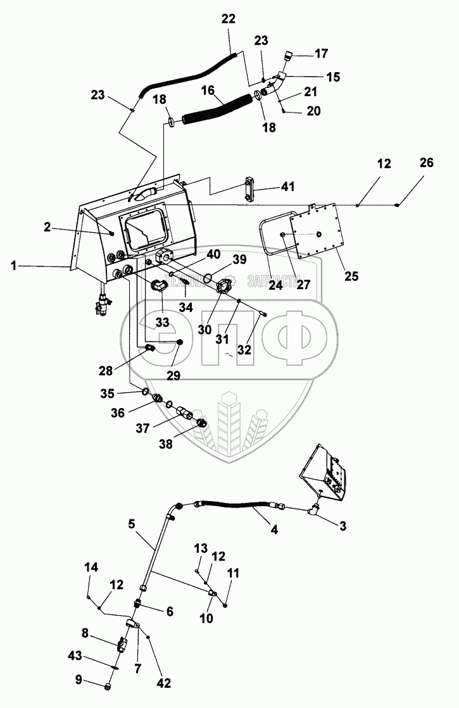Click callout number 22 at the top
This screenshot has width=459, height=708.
[227, 20]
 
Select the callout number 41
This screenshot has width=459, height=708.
[288, 187]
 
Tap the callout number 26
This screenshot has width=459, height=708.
[426, 163]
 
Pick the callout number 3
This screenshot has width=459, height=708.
[343, 525]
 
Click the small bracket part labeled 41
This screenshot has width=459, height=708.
[248, 190]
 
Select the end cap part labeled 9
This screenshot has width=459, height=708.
[108, 686]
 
